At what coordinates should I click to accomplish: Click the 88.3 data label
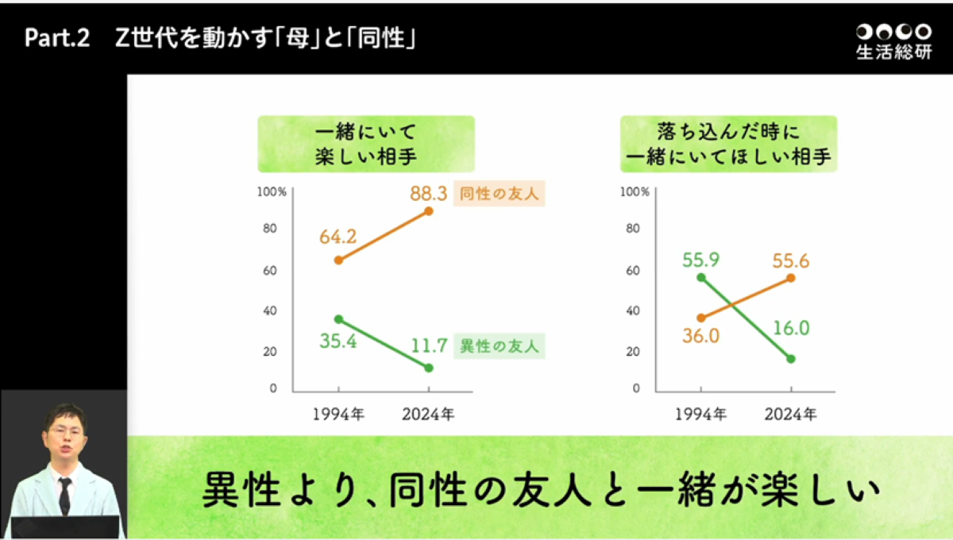[429, 193]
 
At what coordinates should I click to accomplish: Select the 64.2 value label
[338, 237]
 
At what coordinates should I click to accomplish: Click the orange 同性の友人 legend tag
[500, 194]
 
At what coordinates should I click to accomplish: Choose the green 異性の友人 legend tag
[500, 346]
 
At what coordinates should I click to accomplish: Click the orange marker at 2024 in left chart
[429, 211]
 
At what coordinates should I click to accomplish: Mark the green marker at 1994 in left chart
[338, 319]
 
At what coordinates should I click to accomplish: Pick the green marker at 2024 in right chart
[791, 359]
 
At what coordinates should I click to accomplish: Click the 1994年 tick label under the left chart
[338, 414]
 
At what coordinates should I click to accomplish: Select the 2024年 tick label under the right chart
[790, 414]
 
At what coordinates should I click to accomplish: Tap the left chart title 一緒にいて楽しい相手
[365, 144]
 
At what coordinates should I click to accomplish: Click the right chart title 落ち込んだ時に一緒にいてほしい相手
[728, 144]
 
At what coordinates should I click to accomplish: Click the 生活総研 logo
[893, 42]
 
